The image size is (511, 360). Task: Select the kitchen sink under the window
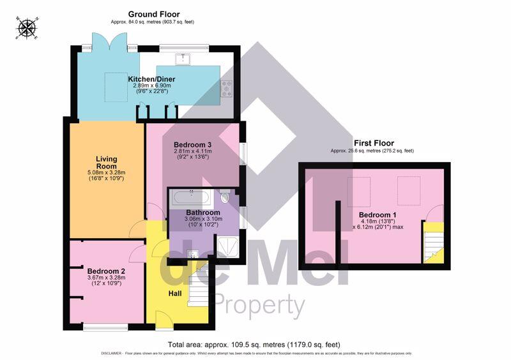(x=184, y=59)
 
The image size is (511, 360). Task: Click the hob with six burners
(x=227, y=89)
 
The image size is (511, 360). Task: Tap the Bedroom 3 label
(x=192, y=144)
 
